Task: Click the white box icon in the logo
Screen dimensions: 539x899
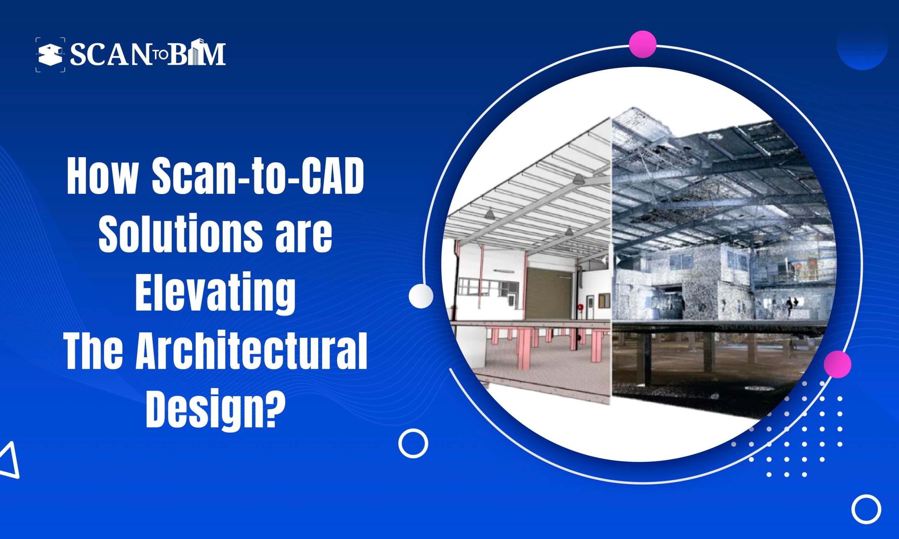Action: (x=51, y=55)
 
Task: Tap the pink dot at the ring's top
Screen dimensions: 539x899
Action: (x=642, y=44)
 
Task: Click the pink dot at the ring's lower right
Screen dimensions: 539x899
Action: (x=837, y=364)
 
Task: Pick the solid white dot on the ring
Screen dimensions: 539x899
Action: (x=421, y=296)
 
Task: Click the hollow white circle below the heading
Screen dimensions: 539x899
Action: (x=413, y=443)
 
